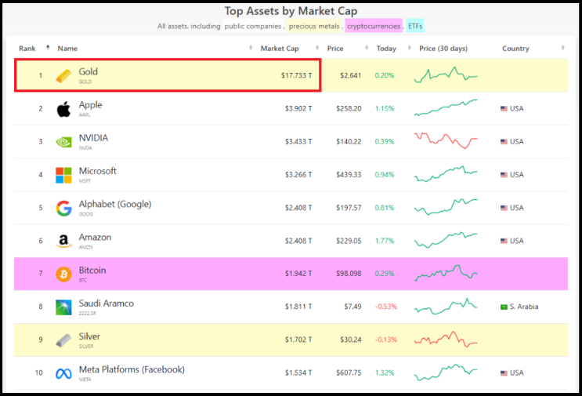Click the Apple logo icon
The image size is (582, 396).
coord(63,109)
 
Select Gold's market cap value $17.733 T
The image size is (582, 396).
coord(296,75)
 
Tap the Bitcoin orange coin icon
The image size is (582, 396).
coord(63,274)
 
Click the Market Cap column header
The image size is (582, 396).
coord(280,49)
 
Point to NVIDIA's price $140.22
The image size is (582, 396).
coord(349,141)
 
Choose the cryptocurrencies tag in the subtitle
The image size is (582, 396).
coord(374,26)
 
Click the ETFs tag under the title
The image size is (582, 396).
coord(415,26)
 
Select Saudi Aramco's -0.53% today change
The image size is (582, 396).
coord(386,307)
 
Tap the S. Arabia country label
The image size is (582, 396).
coord(524,307)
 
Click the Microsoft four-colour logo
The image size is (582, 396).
coord(63,175)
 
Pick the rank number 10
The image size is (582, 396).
coord(38,372)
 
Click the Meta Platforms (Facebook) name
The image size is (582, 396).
coord(132,369)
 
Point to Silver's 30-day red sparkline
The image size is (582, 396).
coord(446,339)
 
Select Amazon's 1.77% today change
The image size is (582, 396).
coord(385,241)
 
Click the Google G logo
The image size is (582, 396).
coord(63,208)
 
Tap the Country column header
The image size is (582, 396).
coord(515,49)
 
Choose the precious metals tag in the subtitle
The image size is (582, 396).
coord(314,26)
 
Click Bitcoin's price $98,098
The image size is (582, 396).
coord(349,274)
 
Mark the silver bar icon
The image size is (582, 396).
coord(63,340)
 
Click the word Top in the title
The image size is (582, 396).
coord(233,11)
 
